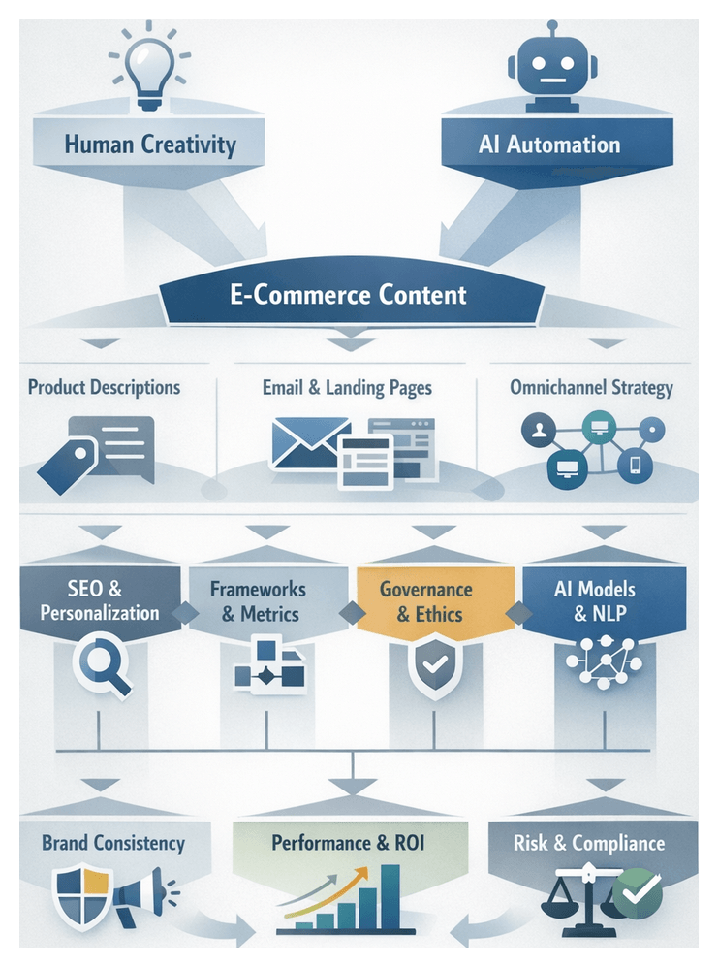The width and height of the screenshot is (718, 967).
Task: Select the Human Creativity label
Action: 150,145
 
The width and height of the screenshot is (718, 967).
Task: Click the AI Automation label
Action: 549,145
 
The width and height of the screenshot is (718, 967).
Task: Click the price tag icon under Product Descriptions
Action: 66,464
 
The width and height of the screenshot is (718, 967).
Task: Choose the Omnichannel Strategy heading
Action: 591,388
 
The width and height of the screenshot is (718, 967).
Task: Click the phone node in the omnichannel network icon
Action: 636,465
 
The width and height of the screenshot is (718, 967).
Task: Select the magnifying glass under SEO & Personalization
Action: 102,666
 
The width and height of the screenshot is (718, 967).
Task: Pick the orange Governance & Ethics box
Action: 426,601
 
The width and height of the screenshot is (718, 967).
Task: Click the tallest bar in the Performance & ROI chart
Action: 391,896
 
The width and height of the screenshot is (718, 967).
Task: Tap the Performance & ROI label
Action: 348,843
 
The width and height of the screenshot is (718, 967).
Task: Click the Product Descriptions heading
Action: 104,388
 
